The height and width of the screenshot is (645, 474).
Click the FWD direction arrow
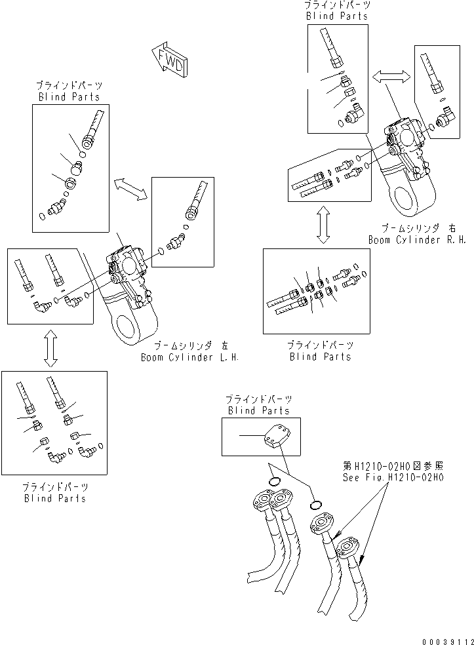pos(169,60)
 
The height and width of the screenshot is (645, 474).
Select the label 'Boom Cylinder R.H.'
pos(416,240)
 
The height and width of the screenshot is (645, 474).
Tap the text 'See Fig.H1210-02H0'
pos(393,477)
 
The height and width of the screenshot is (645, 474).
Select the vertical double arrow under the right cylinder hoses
pos(323,225)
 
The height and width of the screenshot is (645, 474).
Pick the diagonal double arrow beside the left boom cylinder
pos(130,188)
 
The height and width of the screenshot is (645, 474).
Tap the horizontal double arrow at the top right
pos(391,77)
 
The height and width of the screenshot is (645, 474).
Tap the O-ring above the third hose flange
pos(316,504)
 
